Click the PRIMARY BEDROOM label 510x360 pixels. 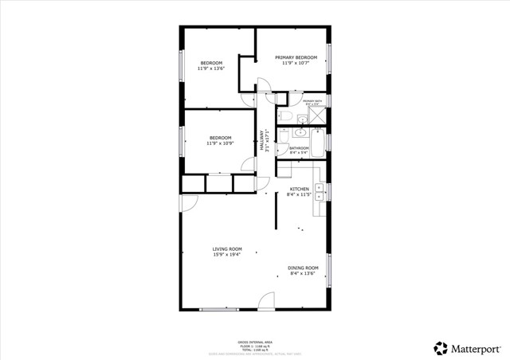[x=296, y=57]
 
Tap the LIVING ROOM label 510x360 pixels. [x=227, y=248]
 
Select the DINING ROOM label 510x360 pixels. [x=303, y=268]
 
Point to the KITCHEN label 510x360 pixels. [x=299, y=189]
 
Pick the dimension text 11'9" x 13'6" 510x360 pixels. [x=211, y=68]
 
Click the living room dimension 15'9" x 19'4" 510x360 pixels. [x=227, y=255]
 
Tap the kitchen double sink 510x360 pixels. [x=319, y=191]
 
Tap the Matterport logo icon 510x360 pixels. [x=440, y=347]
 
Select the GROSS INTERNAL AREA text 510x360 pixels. [x=255, y=341]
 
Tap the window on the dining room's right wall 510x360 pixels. [x=329, y=275]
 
